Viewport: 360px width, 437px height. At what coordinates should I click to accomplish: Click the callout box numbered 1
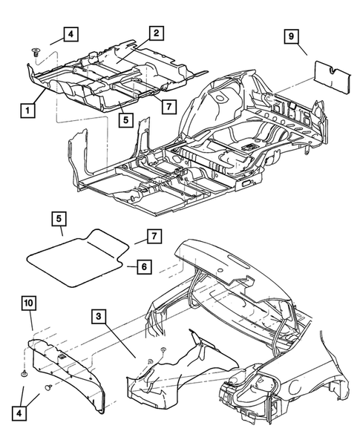(x=27, y=111)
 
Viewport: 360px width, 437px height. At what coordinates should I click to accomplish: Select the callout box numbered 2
(x=156, y=33)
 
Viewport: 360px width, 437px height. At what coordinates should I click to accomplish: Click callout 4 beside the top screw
(x=69, y=34)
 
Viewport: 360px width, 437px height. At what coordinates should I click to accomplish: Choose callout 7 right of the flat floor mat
(x=152, y=236)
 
